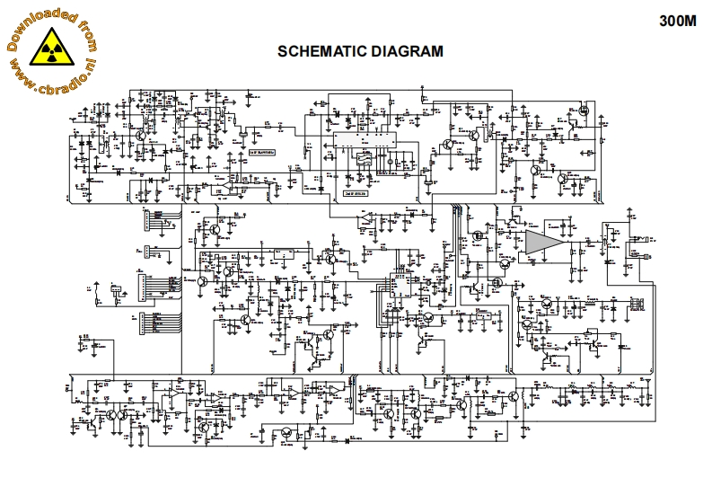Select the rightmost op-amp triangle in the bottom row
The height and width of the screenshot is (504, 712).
click(331, 390)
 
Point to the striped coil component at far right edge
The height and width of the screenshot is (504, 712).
click(638, 302)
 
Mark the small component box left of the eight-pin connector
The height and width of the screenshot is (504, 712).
click(115, 290)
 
